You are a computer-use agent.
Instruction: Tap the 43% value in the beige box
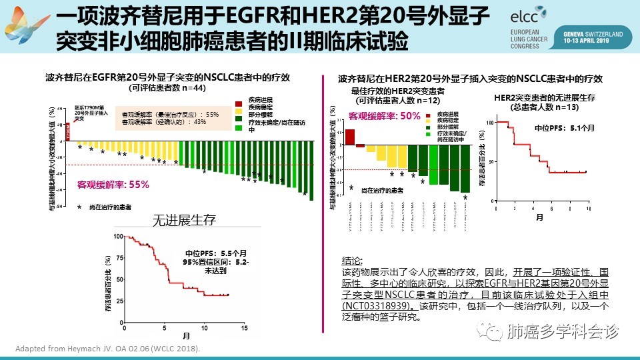200,121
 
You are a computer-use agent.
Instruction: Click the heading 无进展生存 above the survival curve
184,219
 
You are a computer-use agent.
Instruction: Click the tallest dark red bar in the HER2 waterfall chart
350,136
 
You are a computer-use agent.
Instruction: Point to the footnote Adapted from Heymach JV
107,349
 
